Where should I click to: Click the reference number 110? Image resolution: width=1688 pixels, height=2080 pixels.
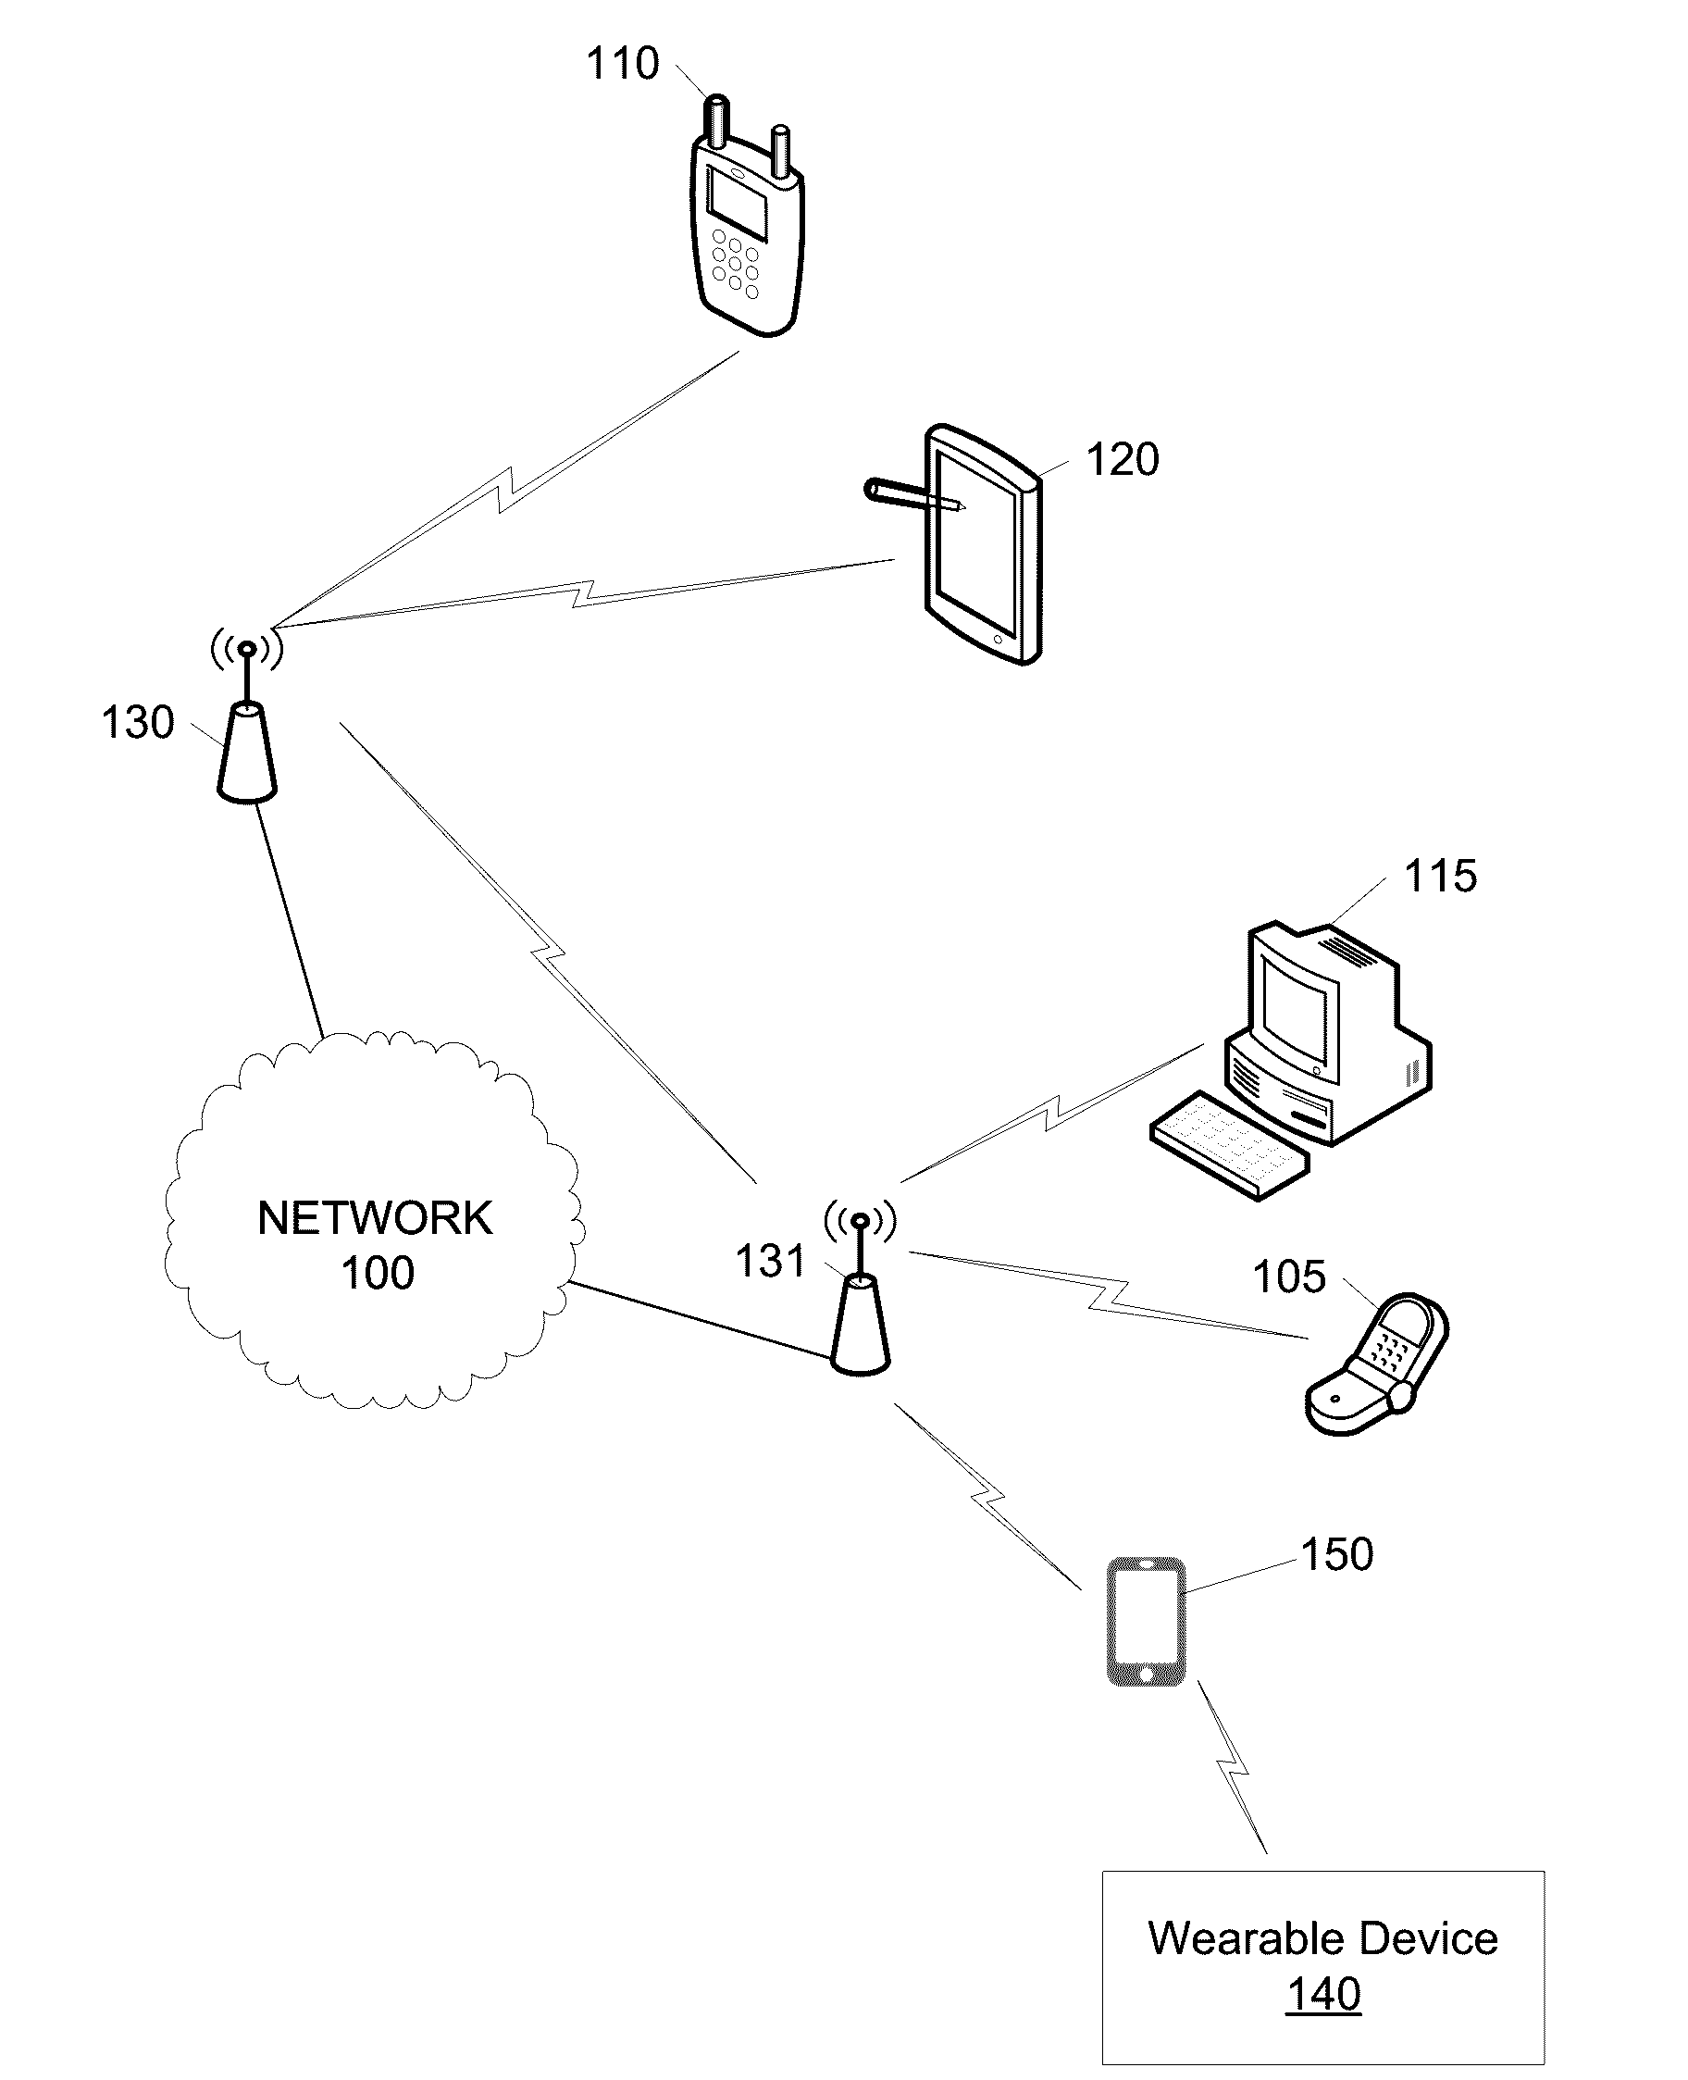622,64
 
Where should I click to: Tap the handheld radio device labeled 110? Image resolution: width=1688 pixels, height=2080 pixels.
747,233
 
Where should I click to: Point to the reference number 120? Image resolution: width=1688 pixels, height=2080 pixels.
1122,460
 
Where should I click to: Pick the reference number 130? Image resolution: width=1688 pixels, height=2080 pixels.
137,724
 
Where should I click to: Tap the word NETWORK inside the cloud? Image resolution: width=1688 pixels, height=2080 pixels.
375,1218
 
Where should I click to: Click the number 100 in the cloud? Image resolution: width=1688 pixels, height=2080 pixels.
378,1273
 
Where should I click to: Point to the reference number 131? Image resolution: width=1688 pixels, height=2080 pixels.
770,1263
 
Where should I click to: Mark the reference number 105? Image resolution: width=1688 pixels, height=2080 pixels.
1288,1277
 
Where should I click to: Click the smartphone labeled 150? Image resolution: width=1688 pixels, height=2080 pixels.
1147,1622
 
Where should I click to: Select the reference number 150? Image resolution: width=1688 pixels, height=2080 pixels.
1337,1555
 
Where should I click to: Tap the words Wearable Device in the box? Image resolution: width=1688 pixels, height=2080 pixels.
1322,1939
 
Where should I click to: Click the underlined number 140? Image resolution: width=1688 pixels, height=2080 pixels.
1323,1995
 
